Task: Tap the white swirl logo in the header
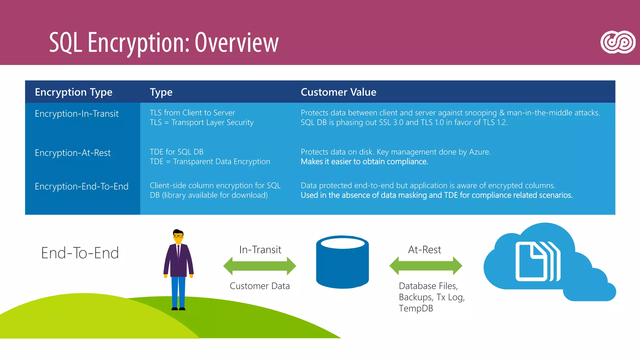617,42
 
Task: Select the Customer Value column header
338,92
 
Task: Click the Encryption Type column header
73,92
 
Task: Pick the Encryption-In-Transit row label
77,114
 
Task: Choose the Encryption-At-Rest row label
72,153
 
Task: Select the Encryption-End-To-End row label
82,187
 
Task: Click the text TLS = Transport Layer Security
202,122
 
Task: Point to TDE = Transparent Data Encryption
210,162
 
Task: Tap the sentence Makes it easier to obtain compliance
364,162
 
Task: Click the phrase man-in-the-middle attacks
553,113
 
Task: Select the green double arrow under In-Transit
259,266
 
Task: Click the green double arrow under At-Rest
426,266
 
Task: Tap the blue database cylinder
342,262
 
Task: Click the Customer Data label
260,286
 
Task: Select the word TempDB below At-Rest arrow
416,308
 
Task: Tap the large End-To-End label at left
80,253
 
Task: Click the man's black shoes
178,309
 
